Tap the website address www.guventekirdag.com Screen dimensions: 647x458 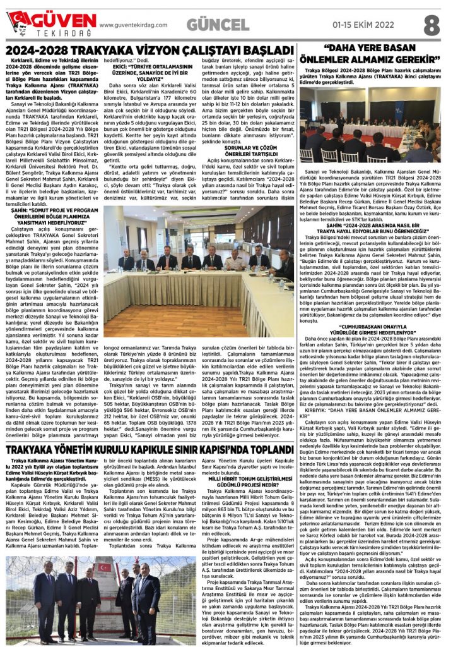[x=134, y=25]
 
